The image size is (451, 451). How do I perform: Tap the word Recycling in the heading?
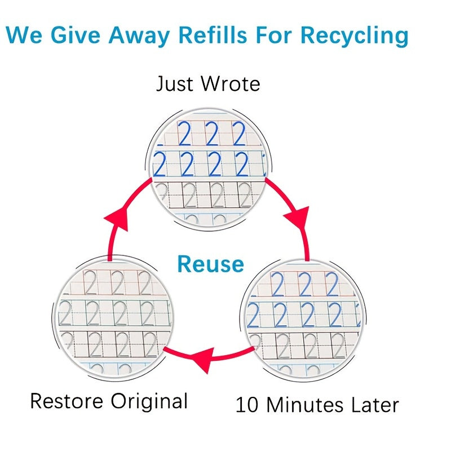354,36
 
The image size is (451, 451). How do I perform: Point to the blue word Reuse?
211,264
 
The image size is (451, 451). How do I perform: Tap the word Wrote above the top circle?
231,84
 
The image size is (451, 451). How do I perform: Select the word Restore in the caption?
67,401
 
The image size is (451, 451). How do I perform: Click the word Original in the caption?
149,402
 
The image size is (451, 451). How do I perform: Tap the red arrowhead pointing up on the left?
117,218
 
